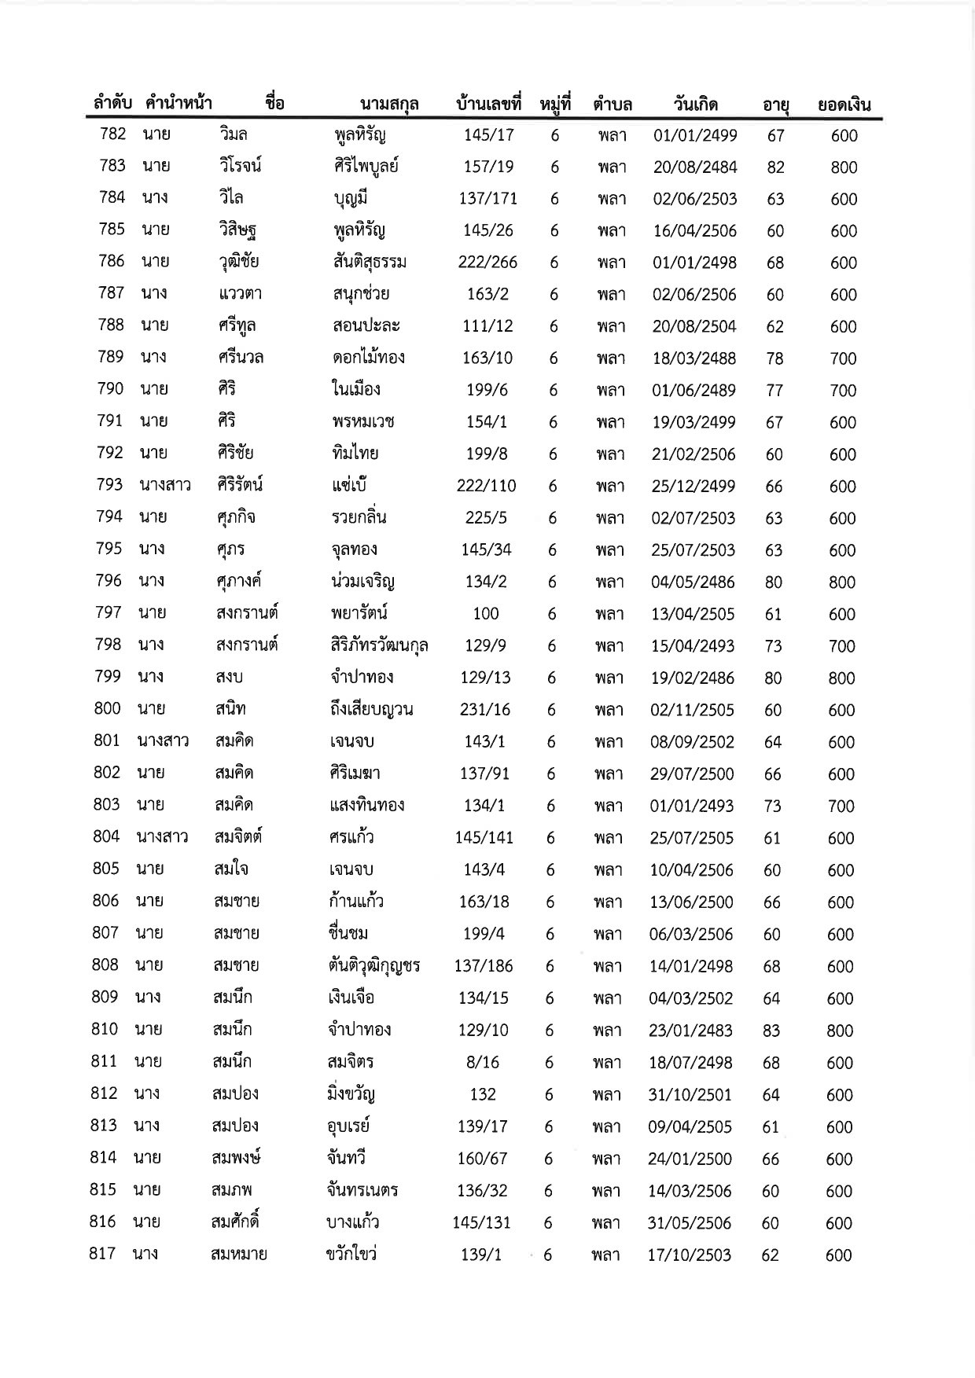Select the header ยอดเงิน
point(844,105)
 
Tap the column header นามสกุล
point(388,104)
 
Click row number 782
point(113,134)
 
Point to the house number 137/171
point(488,199)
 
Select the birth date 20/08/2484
point(695,167)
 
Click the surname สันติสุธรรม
point(370,263)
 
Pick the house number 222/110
point(487,486)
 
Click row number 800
point(108,709)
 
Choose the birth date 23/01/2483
point(691,1031)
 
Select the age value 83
point(771,1031)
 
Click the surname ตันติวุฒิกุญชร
point(374,966)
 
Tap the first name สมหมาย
point(239,1255)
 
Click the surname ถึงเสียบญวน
point(371,710)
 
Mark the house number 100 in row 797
point(486,614)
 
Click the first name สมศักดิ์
point(236,1223)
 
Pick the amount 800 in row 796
point(842,582)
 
